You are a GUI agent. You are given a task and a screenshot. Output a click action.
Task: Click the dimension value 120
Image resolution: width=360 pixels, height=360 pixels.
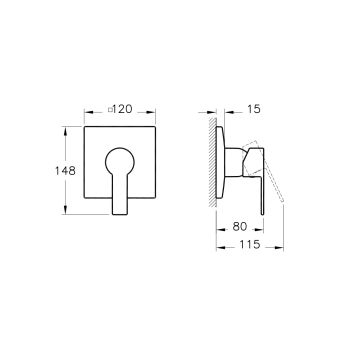(x=122, y=109)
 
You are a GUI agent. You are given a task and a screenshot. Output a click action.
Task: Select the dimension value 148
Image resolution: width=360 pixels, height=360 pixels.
(x=65, y=171)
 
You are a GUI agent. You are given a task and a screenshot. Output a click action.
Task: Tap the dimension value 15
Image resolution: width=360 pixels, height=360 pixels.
(x=254, y=109)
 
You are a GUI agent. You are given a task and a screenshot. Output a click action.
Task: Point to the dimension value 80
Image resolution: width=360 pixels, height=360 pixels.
(x=240, y=227)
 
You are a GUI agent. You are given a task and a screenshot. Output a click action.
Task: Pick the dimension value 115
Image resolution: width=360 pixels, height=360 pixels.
(x=250, y=245)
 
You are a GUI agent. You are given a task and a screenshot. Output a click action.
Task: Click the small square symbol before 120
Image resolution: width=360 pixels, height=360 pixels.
(x=110, y=109)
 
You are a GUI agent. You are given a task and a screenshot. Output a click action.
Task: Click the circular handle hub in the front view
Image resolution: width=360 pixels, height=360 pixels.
(x=120, y=163)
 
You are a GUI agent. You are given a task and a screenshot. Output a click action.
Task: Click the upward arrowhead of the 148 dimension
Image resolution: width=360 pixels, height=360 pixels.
(x=65, y=131)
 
